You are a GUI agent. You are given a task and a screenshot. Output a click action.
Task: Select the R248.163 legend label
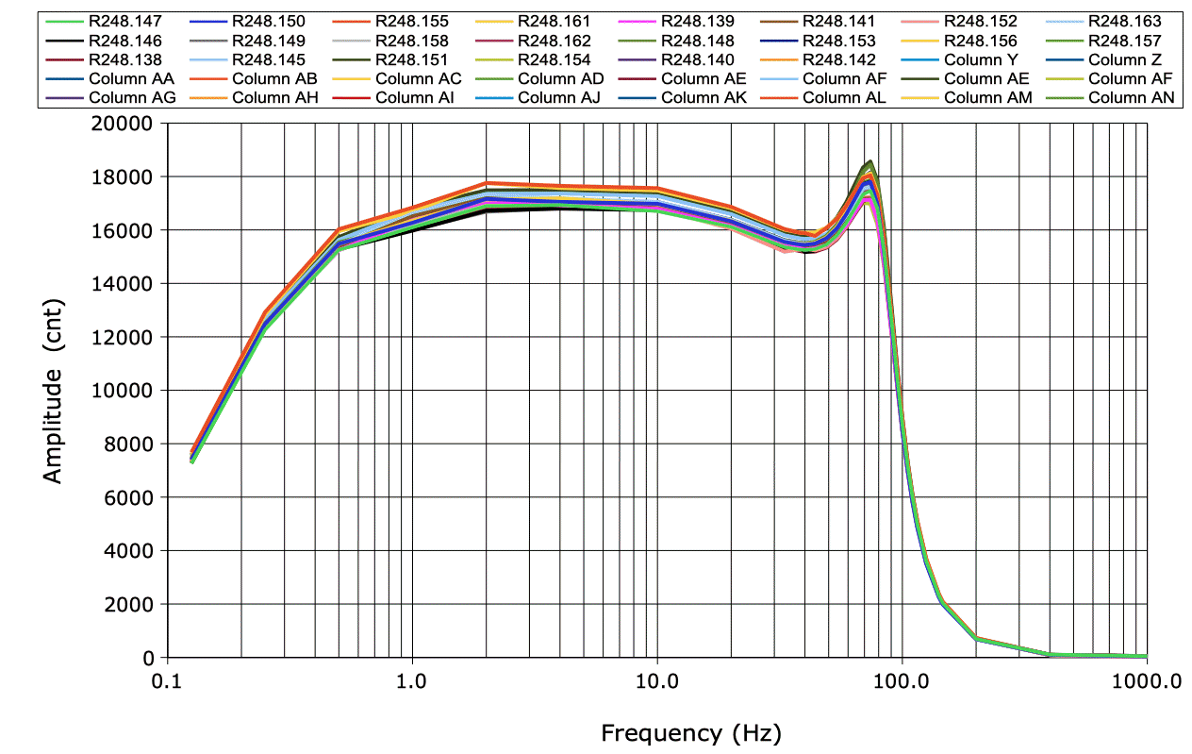pos(1125,21)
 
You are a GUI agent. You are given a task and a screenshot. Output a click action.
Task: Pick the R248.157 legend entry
pos(1125,41)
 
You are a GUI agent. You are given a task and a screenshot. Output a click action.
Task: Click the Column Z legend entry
pos(1131,59)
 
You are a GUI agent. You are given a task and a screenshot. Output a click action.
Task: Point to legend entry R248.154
pos(554,59)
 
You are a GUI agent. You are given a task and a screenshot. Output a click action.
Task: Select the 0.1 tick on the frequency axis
pos(167,680)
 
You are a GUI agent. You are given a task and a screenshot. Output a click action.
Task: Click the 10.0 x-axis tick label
pos(657,680)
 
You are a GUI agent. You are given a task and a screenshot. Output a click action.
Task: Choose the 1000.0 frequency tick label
pos(1147,680)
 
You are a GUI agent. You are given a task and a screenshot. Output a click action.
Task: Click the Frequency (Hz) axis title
pos(690,732)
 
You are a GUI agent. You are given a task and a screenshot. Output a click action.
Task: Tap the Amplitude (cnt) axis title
pos(53,391)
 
